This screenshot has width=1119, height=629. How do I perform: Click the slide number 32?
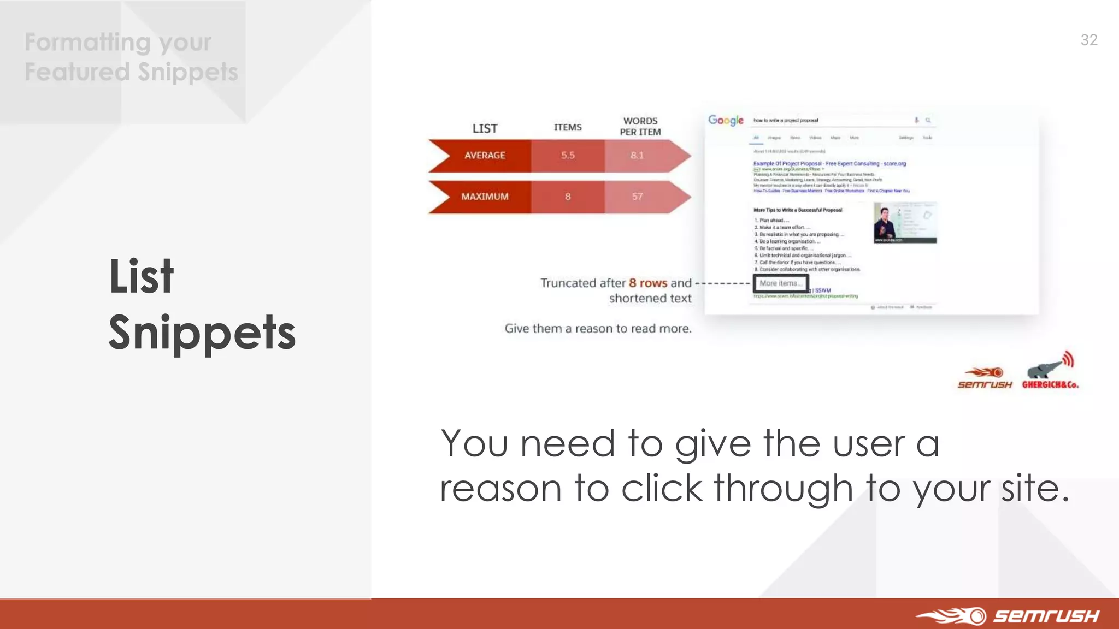point(1088,40)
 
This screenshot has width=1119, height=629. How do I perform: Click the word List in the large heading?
point(142,277)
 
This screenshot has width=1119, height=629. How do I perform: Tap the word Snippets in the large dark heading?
point(202,333)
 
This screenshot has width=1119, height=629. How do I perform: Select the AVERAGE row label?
point(485,156)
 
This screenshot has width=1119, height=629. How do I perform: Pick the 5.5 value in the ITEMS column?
point(568,156)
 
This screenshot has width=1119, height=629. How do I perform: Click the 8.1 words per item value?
point(637,156)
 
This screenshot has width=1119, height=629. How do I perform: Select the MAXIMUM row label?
point(485,197)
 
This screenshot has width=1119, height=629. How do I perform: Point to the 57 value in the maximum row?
point(637,197)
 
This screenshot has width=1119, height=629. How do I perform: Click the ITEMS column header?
point(568,127)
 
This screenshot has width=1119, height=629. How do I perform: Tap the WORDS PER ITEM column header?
point(640,127)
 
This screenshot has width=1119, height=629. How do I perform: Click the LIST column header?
point(485,128)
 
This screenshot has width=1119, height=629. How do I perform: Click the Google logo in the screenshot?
point(726,120)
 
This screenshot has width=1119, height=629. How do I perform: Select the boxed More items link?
point(780,283)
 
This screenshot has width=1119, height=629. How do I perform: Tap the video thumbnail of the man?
point(905,223)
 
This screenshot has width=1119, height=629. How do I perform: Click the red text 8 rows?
point(648,283)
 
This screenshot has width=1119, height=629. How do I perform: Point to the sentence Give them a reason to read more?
point(598,329)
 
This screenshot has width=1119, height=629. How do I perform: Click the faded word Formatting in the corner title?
point(87,42)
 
